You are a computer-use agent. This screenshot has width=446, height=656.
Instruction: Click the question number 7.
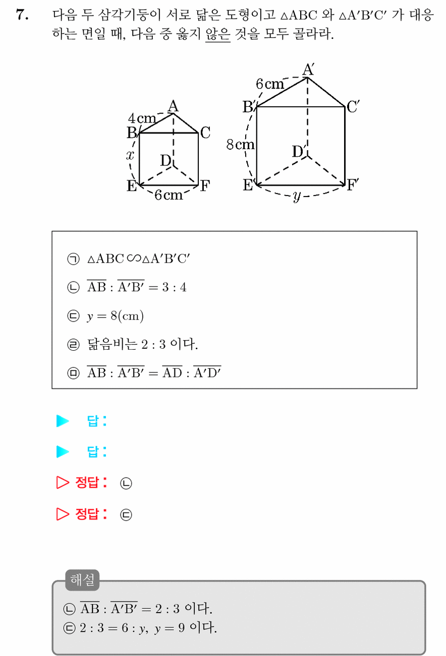[22, 15]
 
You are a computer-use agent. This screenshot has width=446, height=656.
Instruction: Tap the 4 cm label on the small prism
[142, 118]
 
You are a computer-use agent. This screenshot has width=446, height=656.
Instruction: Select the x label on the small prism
[130, 155]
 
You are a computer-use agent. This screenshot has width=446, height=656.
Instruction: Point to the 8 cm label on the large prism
[240, 145]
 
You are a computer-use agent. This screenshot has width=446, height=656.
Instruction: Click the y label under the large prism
[297, 196]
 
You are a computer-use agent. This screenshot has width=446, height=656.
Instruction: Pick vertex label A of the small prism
[173, 106]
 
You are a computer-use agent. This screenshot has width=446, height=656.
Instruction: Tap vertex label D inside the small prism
[166, 161]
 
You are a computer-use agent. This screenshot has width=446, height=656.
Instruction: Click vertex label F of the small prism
[205, 186]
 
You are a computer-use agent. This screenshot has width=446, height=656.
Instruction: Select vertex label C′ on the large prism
[353, 106]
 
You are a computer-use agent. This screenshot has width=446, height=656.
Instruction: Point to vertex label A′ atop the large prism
[308, 70]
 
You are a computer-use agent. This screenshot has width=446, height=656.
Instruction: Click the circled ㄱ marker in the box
[73, 259]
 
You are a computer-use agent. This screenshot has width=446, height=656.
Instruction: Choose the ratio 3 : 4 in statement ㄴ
[174, 287]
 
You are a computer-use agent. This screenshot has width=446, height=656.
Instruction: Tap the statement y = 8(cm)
[115, 316]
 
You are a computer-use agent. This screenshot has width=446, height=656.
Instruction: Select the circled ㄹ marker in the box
[73, 345]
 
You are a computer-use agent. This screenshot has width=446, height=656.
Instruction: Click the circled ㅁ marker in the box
[73, 373]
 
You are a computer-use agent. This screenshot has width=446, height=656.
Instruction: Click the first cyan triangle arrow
[63, 421]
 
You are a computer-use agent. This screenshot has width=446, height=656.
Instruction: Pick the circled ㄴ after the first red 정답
[126, 483]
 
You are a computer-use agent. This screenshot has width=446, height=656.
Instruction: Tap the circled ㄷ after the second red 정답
[126, 515]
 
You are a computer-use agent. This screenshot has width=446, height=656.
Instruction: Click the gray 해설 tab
[82, 580]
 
